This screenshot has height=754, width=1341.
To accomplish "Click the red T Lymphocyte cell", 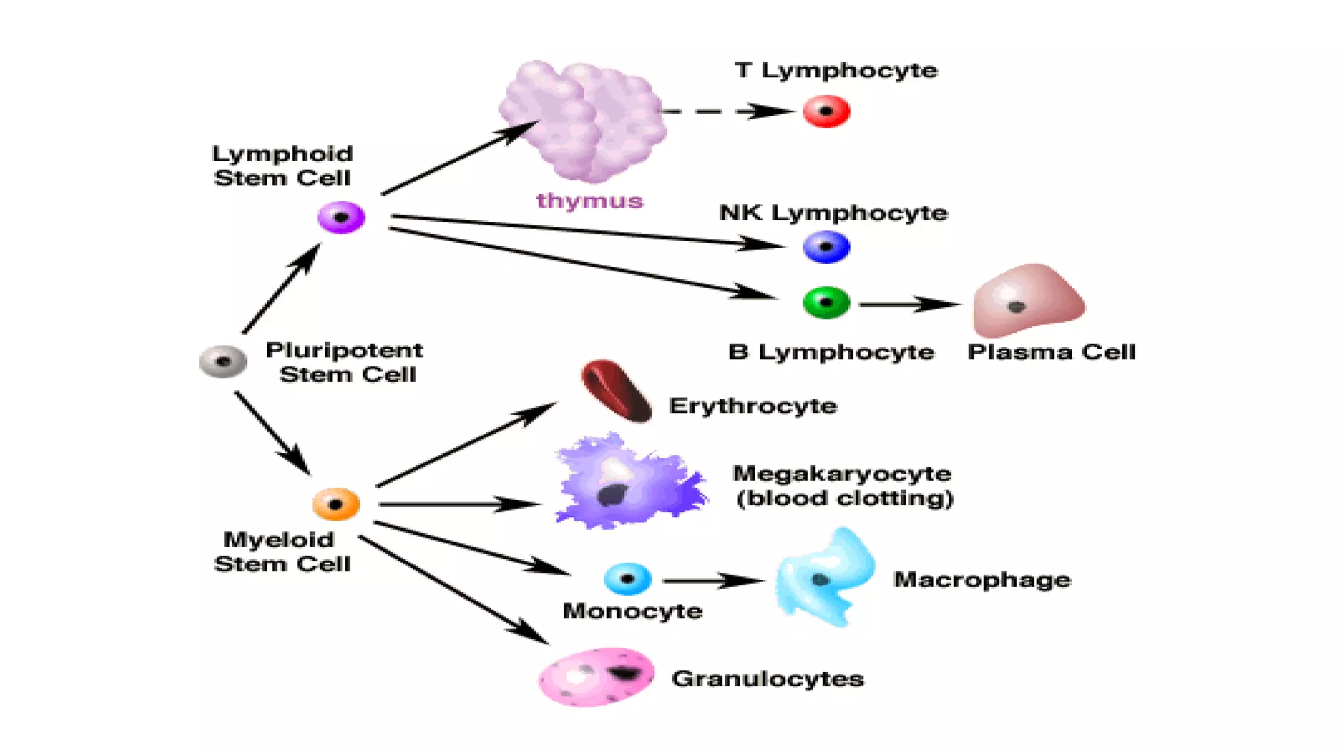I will point(826,111).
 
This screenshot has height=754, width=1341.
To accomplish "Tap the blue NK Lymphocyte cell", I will point(826,247).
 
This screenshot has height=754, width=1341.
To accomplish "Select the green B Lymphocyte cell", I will point(826,302).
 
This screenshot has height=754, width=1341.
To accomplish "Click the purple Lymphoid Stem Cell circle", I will point(341,217).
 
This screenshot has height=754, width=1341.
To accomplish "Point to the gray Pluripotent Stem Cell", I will point(223,361).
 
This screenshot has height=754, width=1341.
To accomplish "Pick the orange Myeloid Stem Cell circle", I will point(336,504).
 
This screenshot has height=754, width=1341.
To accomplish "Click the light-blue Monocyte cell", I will point(627,579).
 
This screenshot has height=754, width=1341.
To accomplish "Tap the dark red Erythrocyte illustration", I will point(616,391).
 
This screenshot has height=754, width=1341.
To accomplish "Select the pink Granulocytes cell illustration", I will point(597,677).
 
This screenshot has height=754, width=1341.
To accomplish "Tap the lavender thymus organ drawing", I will point(583,121).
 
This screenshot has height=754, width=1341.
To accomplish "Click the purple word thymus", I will point(589,200).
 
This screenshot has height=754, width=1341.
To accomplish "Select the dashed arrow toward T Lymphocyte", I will point(727,111).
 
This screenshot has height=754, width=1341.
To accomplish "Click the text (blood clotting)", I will point(845,499).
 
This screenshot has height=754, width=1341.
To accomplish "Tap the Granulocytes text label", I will point(767,679).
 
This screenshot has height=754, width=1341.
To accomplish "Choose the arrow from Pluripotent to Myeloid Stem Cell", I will point(272,432).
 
